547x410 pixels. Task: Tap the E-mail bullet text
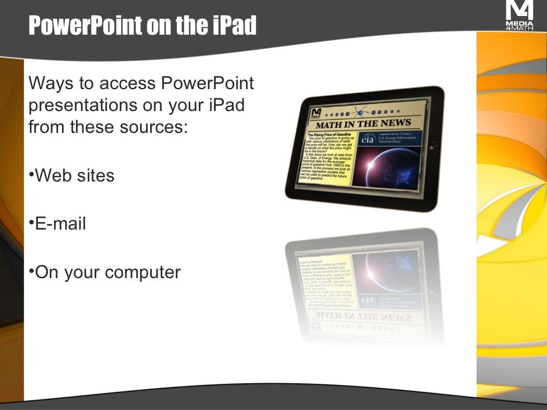point(60,224)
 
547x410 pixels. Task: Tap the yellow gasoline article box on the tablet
point(327,157)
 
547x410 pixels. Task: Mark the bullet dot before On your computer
point(31,270)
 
